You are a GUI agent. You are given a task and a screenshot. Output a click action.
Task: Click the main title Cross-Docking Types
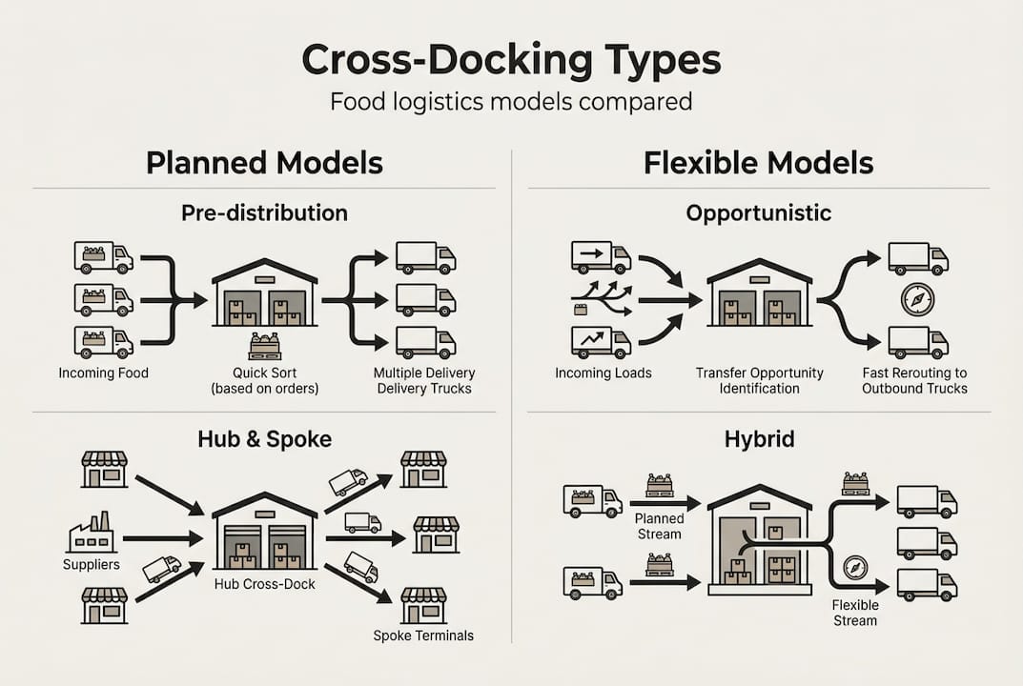(511, 59)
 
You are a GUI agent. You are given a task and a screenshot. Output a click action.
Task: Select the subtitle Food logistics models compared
(511, 101)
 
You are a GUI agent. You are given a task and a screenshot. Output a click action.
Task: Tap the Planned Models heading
(264, 163)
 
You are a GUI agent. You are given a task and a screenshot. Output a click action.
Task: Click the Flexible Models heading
(758, 163)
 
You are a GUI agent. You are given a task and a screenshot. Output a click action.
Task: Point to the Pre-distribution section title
(264, 213)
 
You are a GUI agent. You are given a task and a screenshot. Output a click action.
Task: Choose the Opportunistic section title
(758, 213)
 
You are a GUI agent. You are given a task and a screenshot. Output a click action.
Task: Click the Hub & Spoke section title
(264, 438)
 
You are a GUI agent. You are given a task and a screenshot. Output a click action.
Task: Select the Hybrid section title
(758, 438)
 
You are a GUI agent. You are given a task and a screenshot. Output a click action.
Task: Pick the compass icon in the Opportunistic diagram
(917, 300)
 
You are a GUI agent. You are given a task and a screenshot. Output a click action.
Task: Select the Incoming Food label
(103, 373)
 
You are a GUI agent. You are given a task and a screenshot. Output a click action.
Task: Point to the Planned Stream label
(660, 526)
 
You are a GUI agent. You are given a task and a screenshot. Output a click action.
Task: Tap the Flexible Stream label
(854, 612)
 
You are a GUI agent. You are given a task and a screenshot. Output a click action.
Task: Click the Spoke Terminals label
(422, 636)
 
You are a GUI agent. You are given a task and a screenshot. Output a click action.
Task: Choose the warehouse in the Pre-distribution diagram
(265, 293)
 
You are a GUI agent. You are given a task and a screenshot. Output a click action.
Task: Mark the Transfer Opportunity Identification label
(759, 380)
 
